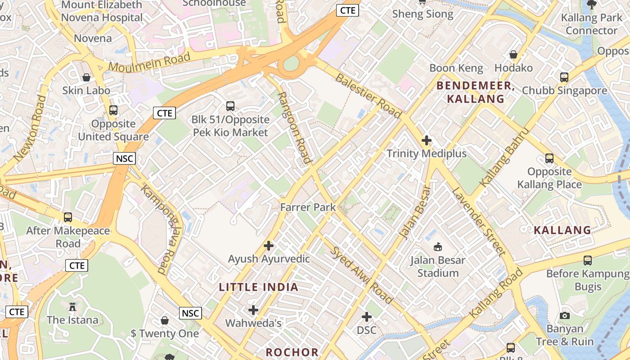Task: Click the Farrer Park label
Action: [x=308, y=207]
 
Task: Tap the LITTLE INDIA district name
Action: [x=259, y=287]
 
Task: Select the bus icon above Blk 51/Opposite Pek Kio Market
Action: [x=230, y=106]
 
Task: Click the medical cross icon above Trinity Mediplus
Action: [x=427, y=140]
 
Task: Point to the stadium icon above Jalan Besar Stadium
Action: [x=437, y=247]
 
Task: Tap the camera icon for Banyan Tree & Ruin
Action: [x=565, y=315]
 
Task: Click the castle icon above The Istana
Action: [x=72, y=307]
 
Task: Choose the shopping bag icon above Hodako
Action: [x=513, y=55]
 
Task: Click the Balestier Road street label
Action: [x=368, y=96]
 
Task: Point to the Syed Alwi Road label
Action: [x=361, y=274]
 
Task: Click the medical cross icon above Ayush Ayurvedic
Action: [x=269, y=246]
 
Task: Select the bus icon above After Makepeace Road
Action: [x=68, y=217]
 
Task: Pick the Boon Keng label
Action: [x=456, y=68]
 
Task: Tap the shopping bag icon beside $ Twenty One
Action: [x=165, y=320]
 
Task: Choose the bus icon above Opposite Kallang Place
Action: [x=549, y=158]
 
